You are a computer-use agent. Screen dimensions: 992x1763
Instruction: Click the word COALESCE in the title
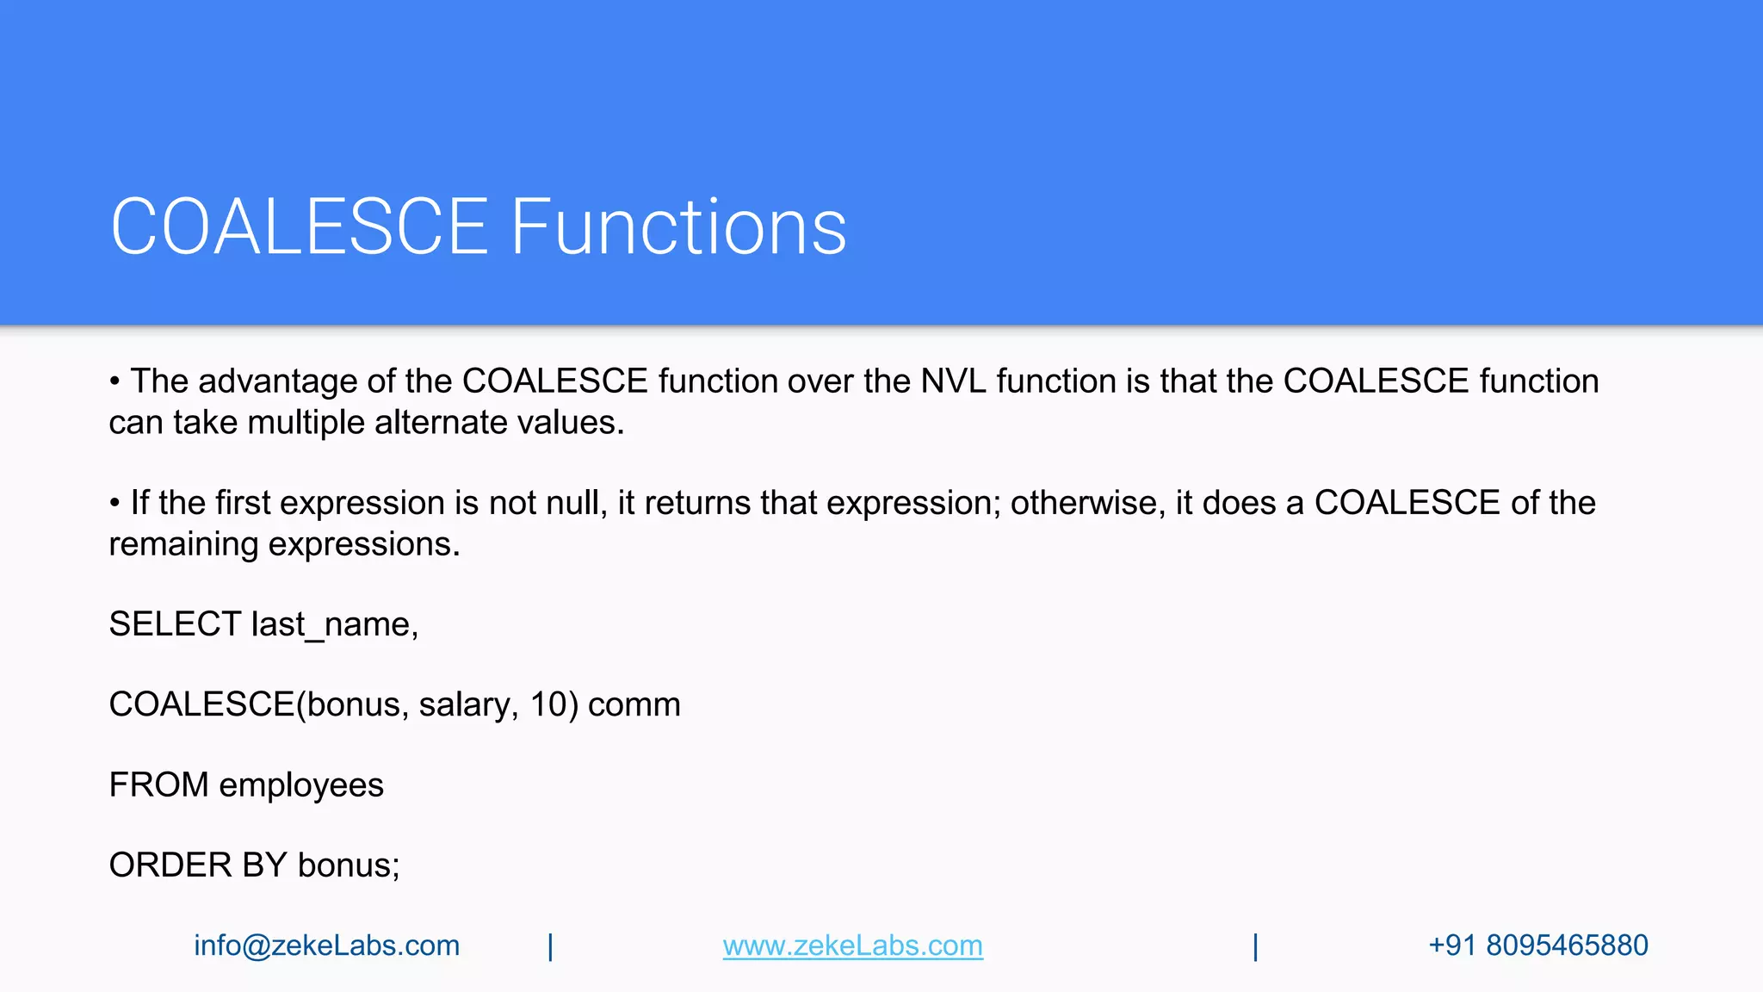(300, 227)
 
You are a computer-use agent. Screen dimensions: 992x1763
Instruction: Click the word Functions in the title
(678, 227)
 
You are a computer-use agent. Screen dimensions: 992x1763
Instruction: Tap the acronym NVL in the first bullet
(953, 381)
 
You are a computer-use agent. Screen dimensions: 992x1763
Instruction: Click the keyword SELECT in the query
(175, 624)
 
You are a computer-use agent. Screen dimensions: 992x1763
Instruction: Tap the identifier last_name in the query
(333, 624)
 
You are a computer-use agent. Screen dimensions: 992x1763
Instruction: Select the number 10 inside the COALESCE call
(547, 704)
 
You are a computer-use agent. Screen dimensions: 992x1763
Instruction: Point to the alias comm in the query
(634, 704)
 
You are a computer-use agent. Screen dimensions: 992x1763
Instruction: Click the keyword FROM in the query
(158, 784)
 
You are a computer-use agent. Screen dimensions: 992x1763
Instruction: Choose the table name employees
(300, 785)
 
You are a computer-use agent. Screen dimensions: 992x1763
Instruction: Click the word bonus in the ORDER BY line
(347, 865)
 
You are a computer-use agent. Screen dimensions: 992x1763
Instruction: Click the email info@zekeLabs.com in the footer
(326, 945)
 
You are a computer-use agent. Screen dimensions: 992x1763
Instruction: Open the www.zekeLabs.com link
(852, 945)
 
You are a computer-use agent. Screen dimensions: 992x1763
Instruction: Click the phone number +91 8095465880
(1537, 945)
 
